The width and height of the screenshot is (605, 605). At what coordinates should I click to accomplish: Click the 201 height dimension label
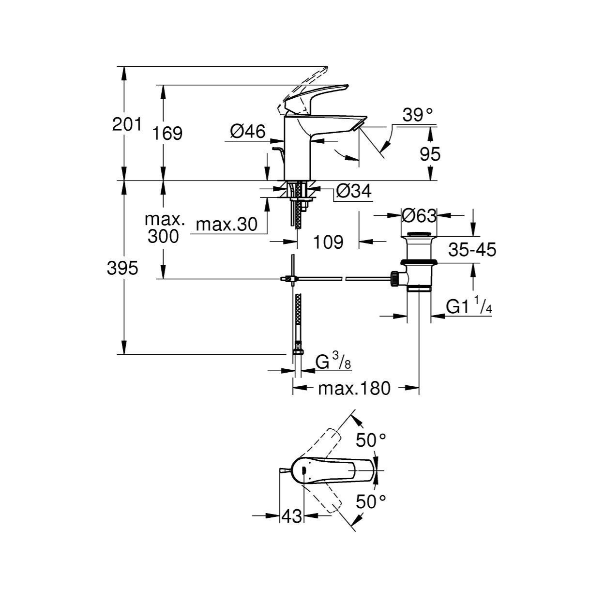[127, 125]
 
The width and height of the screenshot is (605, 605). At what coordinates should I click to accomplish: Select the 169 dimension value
[167, 134]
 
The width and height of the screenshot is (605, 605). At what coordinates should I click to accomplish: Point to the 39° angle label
[418, 115]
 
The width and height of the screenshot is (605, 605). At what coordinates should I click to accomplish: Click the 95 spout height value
[430, 154]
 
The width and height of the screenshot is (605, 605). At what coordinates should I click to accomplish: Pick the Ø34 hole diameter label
[354, 191]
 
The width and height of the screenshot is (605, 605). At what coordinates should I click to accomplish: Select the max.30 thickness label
[227, 224]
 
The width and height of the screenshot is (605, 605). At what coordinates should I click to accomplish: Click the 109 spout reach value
[329, 242]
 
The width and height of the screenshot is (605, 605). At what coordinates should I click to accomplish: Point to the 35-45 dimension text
[472, 250]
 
